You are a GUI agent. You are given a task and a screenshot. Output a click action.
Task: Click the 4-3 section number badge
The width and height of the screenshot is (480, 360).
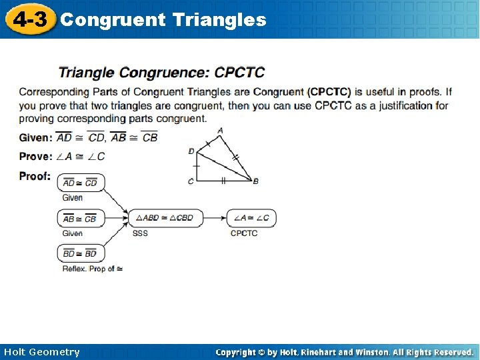(x=30, y=19)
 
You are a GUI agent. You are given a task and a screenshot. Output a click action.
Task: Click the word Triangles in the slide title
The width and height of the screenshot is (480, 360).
(x=219, y=20)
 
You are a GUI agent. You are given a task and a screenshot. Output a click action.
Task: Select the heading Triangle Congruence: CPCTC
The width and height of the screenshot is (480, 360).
(x=161, y=72)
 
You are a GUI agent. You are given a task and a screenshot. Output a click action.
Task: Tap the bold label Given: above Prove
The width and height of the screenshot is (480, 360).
(x=35, y=137)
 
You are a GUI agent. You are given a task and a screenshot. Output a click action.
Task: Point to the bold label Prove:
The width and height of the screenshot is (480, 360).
(x=35, y=157)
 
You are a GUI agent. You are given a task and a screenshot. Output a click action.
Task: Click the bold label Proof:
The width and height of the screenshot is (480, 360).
(x=35, y=176)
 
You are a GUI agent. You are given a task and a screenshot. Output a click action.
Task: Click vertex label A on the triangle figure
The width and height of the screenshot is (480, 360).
(x=220, y=131)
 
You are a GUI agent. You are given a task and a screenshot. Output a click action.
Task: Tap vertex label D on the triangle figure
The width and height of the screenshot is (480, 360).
(x=191, y=151)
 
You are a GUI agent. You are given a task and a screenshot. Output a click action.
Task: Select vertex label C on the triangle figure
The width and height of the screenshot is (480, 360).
(x=191, y=181)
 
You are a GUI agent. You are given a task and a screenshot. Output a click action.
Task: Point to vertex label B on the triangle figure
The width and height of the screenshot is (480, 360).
(x=256, y=181)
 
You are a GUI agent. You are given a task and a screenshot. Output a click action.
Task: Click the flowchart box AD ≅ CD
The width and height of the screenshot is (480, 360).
(x=81, y=183)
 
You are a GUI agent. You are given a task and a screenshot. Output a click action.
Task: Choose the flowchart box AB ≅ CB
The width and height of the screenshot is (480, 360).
(x=81, y=218)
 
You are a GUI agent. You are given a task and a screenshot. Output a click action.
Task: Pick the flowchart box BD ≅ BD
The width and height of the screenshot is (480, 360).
(x=81, y=253)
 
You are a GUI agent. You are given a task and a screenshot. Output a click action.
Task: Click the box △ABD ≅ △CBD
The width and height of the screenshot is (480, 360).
(x=165, y=218)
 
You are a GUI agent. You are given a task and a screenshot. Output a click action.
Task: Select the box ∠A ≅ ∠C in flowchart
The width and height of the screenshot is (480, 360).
(x=251, y=218)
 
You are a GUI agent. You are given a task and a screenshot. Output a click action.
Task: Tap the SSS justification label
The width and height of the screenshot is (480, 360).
(x=140, y=233)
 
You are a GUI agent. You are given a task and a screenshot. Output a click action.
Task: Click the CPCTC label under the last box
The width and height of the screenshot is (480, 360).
(x=244, y=233)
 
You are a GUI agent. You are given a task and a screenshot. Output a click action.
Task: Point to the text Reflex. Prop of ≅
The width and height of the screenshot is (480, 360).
(x=93, y=269)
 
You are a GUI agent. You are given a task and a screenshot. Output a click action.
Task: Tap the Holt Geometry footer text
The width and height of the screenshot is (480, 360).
(x=41, y=352)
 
